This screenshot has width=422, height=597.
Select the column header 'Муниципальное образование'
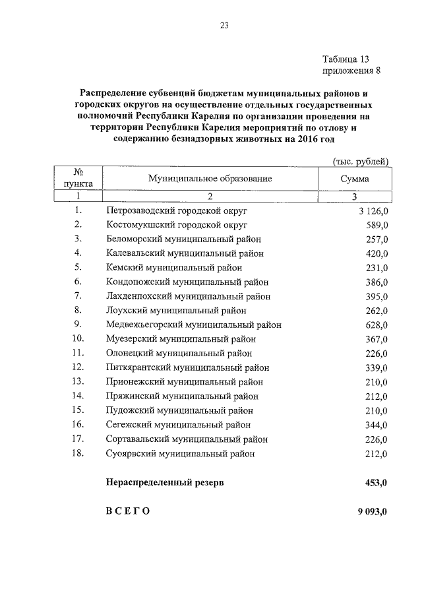(x=210, y=179)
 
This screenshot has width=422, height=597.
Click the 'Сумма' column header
(x=355, y=179)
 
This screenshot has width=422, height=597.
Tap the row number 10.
(x=78, y=338)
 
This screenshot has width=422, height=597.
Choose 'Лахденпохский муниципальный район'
(x=188, y=296)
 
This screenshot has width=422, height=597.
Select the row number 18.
(x=78, y=453)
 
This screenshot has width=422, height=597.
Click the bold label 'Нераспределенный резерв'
(x=165, y=483)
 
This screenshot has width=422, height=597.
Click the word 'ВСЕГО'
(x=128, y=512)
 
